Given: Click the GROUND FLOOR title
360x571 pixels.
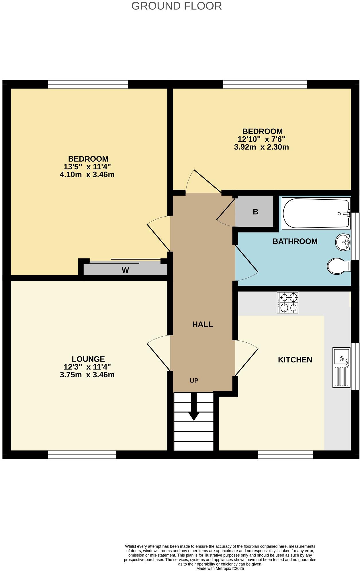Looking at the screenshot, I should (x=177, y=6).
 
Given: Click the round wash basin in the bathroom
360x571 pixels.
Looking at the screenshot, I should (x=343, y=242).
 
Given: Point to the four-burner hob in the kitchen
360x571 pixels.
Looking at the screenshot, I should (x=287, y=303).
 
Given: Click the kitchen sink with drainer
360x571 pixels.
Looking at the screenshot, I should (x=341, y=368).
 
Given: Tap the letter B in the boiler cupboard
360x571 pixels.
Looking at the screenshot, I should (x=255, y=212).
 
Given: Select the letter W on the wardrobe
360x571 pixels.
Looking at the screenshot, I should (x=125, y=270).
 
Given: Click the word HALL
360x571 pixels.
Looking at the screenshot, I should (x=202, y=324).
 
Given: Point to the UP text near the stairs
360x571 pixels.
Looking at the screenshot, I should (x=194, y=381).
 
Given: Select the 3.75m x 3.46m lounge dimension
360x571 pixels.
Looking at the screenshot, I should (x=87, y=375).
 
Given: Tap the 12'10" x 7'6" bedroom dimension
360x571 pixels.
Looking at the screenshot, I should (x=261, y=139).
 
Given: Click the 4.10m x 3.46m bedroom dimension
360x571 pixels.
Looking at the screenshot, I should (x=87, y=174).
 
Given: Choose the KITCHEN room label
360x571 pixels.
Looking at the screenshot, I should (x=295, y=360).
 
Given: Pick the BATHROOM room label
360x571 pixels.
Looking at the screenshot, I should (x=295, y=241).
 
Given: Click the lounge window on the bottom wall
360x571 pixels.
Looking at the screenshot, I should (x=82, y=455).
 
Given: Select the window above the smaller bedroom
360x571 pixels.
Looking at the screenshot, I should (x=265, y=84).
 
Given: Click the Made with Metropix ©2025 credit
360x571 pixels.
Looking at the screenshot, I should (x=220, y=568).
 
